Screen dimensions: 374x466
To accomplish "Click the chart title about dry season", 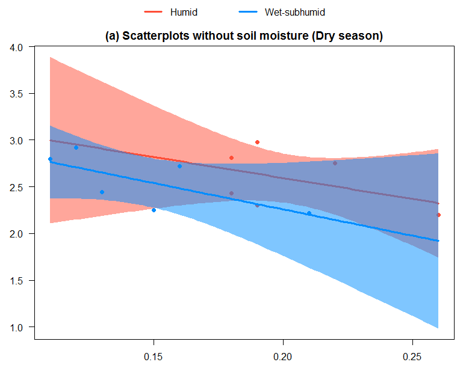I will click(x=244, y=36).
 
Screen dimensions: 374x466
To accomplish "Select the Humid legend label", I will click(x=184, y=12).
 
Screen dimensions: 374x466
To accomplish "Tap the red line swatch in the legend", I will click(x=153, y=12).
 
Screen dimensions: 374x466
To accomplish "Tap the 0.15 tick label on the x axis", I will click(x=154, y=357).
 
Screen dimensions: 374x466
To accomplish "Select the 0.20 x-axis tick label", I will click(x=283, y=357).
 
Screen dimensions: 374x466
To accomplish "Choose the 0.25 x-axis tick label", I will click(x=412, y=357).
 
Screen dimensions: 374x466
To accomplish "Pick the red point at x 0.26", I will click(x=438, y=215).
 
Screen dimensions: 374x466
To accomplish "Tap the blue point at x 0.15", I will click(x=154, y=210).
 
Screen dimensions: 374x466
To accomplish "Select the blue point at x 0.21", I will click(x=309, y=213).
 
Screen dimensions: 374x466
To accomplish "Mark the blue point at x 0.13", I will click(x=102, y=192).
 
